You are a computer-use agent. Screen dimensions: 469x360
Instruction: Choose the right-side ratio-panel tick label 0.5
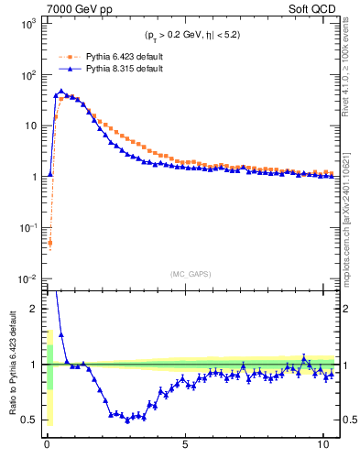coord(347,420)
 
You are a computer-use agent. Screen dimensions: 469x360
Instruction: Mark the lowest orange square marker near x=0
coord(49,243)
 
